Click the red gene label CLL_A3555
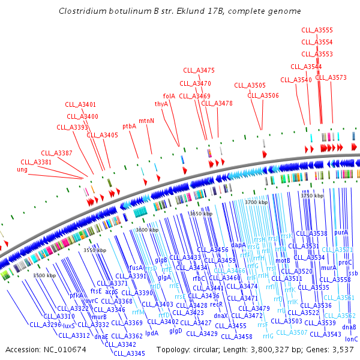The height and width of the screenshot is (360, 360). click(x=317, y=30)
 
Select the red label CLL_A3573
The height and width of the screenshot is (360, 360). click(x=331, y=77)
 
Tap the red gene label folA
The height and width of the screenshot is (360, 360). click(x=169, y=95)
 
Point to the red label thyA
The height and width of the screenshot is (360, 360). click(x=161, y=104)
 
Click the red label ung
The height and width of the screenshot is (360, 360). click(x=22, y=170)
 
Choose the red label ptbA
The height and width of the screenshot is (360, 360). click(x=130, y=127)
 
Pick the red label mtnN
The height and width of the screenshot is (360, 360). click(x=146, y=121)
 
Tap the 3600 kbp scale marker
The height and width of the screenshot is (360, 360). click(x=146, y=230)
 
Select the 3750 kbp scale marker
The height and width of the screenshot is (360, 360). click(x=312, y=196)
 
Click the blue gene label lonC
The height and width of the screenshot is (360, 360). click(x=351, y=339)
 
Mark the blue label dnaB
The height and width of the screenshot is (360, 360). click(x=349, y=327)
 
